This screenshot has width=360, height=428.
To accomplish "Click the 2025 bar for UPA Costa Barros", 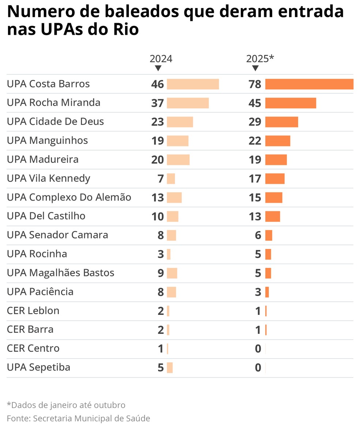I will click(x=309, y=84).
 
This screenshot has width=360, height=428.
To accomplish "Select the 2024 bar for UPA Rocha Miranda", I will click(x=188, y=103).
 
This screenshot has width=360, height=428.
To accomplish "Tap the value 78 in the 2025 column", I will click(x=255, y=84).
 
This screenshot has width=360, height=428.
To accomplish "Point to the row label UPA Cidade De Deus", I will click(x=55, y=122).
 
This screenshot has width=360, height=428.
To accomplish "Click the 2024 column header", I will click(x=161, y=59).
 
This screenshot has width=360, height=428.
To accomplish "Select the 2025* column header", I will click(x=260, y=59).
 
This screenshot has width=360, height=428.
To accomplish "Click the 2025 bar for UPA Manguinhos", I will click(x=278, y=141).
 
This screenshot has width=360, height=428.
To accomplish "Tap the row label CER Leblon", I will click(x=33, y=311).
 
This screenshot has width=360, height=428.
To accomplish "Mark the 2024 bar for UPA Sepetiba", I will click(x=170, y=368).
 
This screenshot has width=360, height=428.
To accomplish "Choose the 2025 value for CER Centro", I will click(x=258, y=349).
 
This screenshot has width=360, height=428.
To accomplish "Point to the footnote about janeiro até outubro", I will click(x=66, y=405).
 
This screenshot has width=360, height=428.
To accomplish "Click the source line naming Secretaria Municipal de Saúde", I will click(x=78, y=418).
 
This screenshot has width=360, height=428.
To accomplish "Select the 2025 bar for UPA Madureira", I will click(x=276, y=160).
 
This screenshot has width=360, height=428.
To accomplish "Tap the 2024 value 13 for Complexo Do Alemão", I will click(x=158, y=198).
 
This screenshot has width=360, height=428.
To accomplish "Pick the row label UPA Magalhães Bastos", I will click(x=60, y=273).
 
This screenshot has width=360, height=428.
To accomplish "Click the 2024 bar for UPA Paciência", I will click(x=171, y=292).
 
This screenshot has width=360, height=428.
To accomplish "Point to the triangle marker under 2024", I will click(x=158, y=68).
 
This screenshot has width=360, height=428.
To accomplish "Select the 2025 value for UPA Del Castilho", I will click(x=255, y=217).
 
